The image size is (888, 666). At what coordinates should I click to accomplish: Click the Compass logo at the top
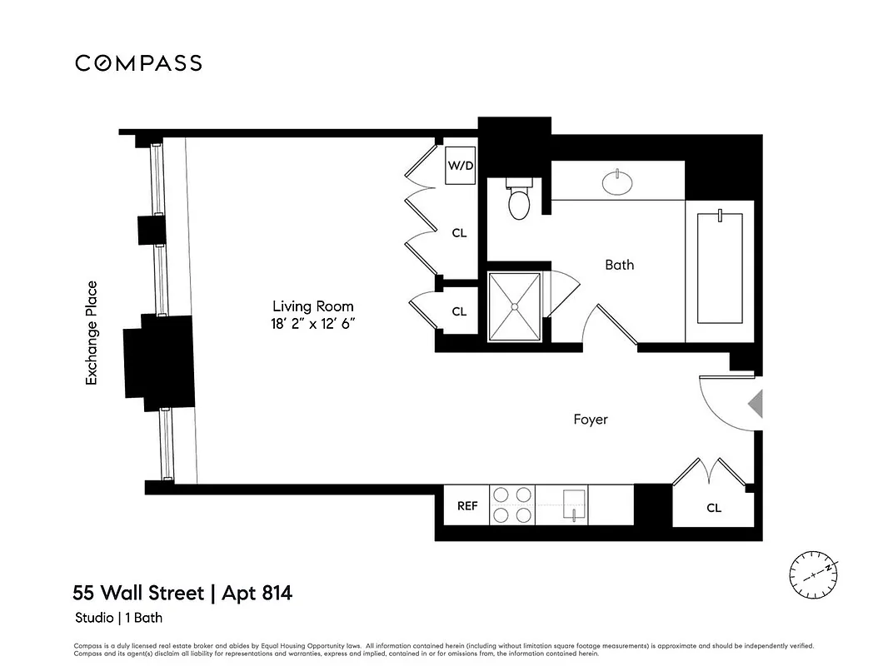(138, 63)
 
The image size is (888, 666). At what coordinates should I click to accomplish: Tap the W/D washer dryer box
(461, 166)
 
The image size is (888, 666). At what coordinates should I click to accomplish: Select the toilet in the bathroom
(520, 201)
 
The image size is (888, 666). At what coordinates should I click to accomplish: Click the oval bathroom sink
(617, 183)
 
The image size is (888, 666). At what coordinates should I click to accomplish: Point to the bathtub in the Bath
(719, 269)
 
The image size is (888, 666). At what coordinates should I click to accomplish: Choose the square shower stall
(514, 306)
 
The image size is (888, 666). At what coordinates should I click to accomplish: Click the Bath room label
(619, 265)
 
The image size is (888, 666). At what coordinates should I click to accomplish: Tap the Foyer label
(590, 420)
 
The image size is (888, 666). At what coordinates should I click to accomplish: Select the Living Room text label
(313, 306)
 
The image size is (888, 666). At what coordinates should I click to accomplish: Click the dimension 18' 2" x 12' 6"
(313, 325)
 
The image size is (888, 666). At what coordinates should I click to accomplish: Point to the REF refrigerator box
(467, 506)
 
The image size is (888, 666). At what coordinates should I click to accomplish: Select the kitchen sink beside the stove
(574, 504)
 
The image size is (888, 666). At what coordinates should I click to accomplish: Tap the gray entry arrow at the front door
(755, 405)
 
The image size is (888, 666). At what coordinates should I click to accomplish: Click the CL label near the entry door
(714, 508)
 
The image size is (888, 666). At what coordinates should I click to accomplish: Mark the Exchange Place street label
(92, 333)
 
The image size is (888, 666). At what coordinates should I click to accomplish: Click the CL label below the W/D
(459, 234)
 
